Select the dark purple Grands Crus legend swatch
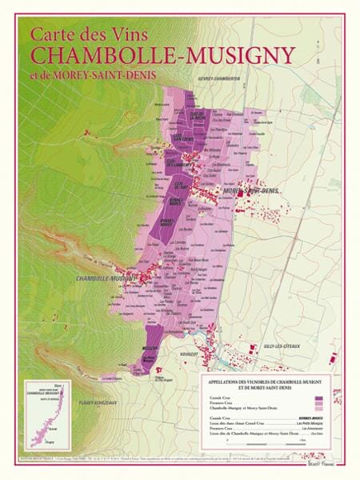pos(318,398)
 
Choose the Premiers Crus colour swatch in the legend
pos(318,403)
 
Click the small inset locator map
pos(46,416)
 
